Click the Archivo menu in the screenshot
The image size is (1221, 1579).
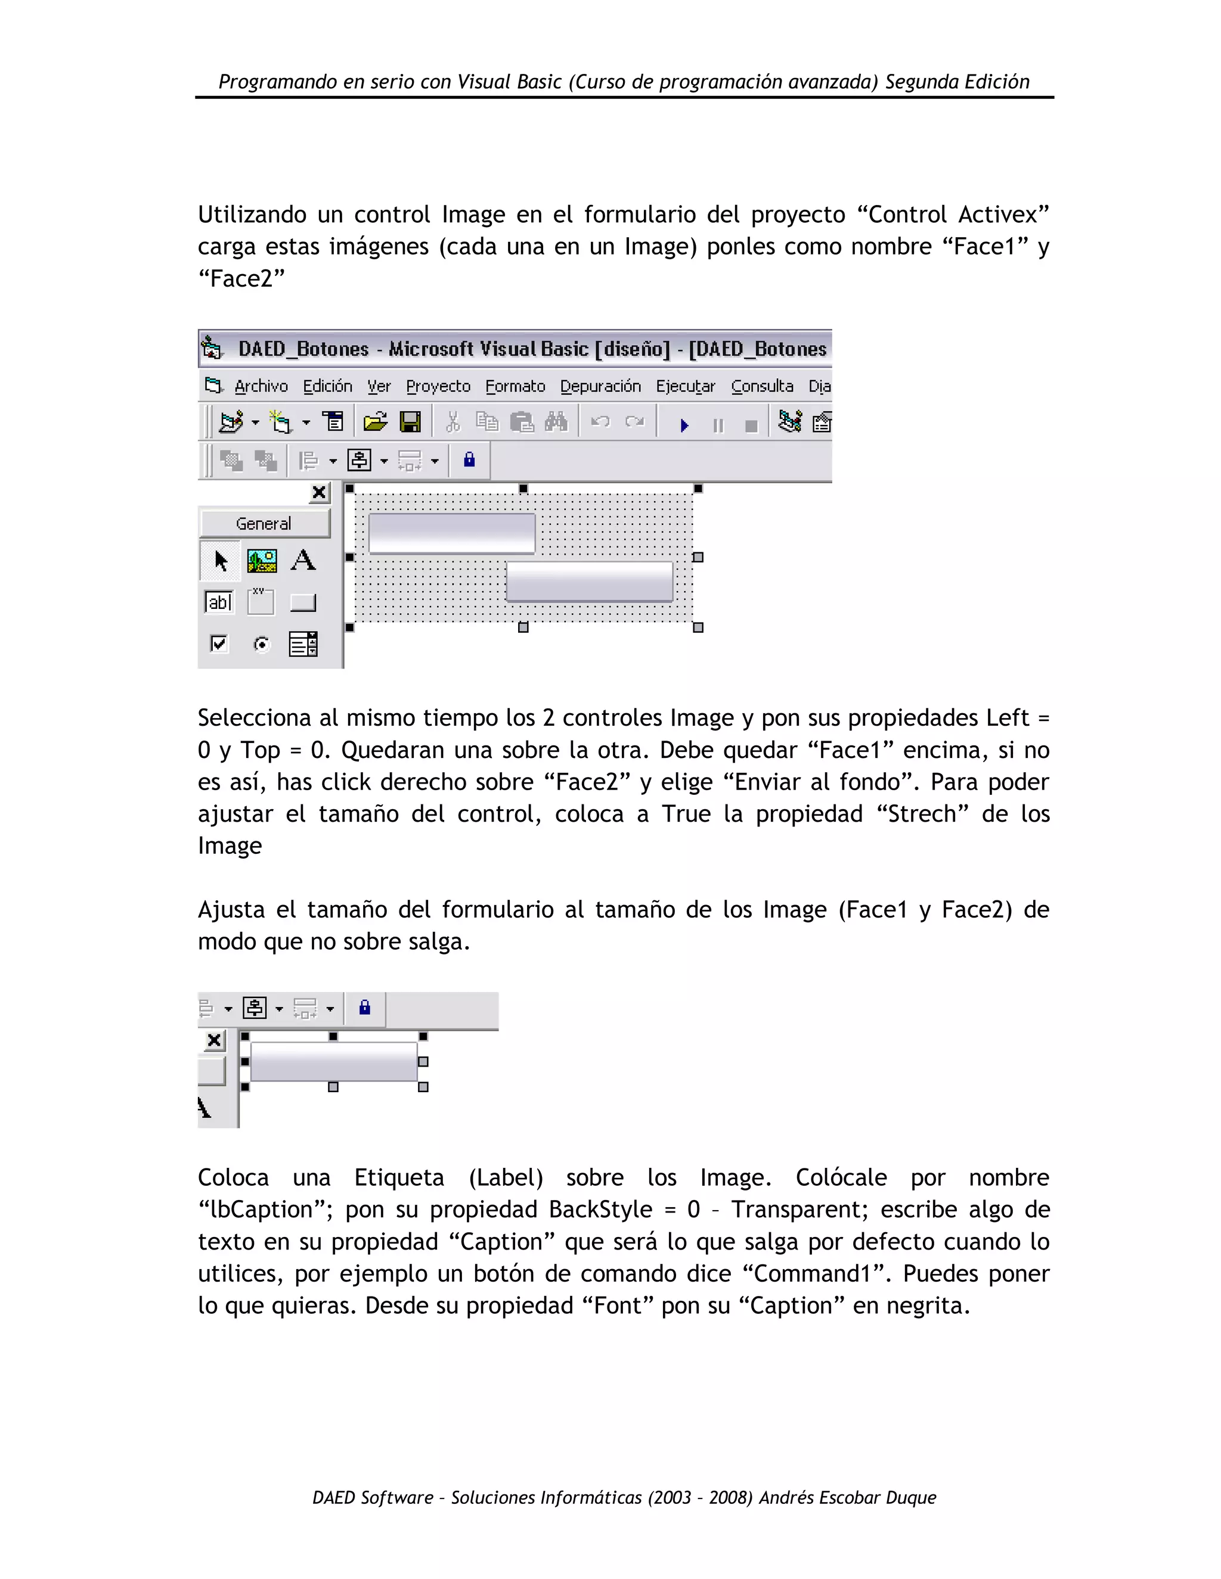pos(261,387)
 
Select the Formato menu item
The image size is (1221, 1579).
pos(515,387)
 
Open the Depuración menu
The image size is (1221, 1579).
pos(600,387)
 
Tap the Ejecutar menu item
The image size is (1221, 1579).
pos(685,387)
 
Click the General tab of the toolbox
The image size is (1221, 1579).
pos(264,523)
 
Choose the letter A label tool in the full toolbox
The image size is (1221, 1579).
pos(303,560)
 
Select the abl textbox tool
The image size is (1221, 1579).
pos(219,602)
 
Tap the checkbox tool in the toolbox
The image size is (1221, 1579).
pos(218,644)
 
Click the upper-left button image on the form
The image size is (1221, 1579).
pos(451,533)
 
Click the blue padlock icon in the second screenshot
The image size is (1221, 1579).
pos(364,1008)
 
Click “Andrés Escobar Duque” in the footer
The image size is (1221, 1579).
pos(847,1497)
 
